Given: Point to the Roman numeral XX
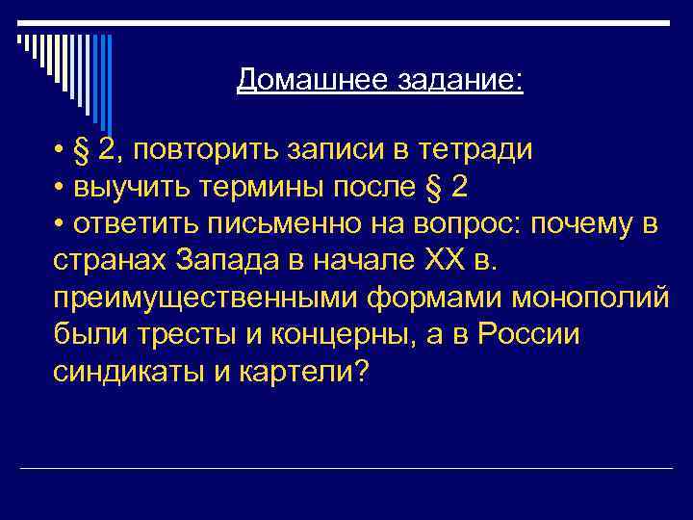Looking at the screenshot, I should [435, 262].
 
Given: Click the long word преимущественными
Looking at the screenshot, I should [205, 299].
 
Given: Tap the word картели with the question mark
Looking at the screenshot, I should [294, 373].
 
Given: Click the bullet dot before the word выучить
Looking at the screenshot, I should [60, 189].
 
